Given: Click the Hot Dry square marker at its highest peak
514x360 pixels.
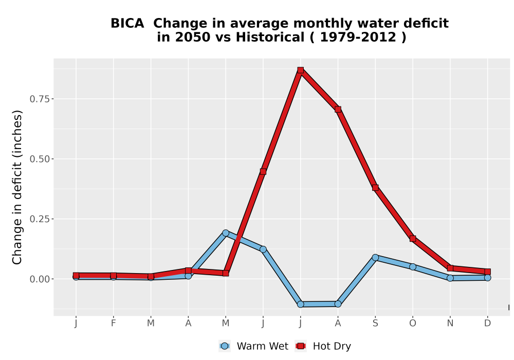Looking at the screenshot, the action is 301,70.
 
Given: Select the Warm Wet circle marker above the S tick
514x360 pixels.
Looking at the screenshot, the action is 375,257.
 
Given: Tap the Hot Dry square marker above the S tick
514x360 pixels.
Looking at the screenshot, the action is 375,188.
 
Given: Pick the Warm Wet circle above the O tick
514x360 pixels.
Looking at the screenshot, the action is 413,266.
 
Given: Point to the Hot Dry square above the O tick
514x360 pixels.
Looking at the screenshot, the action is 413,239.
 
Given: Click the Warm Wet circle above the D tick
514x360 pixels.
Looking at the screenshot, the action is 487,278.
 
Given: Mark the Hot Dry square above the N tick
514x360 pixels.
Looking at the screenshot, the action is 450,268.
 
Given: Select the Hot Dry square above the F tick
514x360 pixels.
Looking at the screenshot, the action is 114,276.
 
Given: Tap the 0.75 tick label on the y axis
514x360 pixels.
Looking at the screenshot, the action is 40,99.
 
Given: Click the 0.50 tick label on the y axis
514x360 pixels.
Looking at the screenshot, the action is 40,159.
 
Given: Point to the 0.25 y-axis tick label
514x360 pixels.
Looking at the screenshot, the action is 40,219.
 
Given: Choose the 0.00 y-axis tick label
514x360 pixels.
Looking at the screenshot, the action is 40,279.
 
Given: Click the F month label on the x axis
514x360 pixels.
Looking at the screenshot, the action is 114,323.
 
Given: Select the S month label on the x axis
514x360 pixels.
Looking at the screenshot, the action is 375,323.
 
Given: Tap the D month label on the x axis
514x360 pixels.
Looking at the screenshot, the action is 487,323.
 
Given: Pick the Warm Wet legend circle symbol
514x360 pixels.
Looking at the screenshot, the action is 225,346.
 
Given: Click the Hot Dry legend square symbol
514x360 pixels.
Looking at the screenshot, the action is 301,346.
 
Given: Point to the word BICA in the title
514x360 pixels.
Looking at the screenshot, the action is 127,23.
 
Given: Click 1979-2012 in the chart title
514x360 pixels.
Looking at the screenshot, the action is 358,37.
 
